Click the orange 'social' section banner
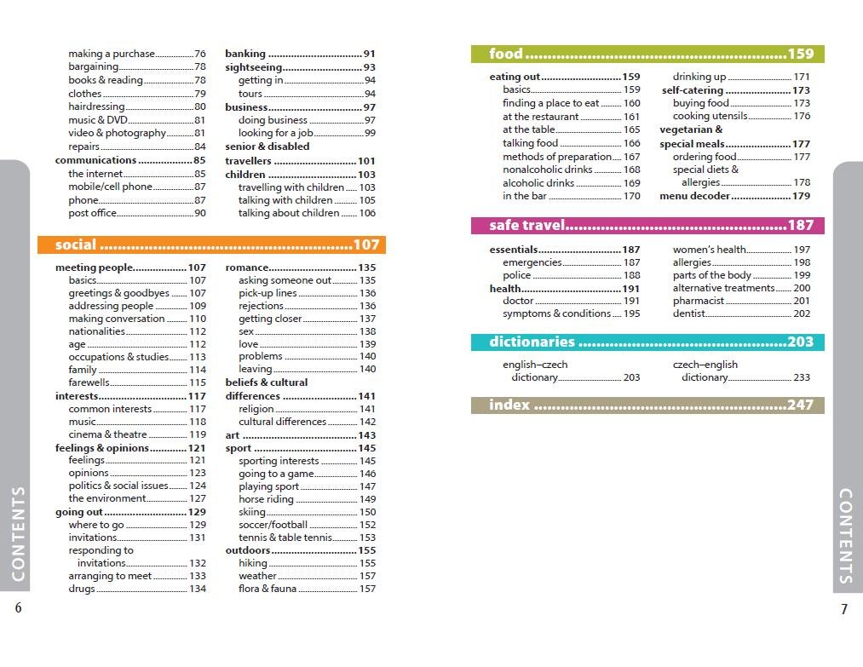click(211, 245)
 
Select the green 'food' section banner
click(647, 55)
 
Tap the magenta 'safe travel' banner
click(647, 226)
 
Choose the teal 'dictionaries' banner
click(647, 342)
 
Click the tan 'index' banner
click(647, 405)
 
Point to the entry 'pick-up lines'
click(268, 293)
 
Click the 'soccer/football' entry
click(273, 525)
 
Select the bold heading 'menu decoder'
click(694, 196)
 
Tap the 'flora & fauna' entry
click(268, 589)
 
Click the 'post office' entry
click(93, 213)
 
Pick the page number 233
click(801, 377)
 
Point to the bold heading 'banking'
click(245, 54)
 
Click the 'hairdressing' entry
click(96, 106)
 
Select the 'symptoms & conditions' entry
click(556, 313)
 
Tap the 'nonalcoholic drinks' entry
click(547, 170)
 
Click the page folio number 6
click(18, 608)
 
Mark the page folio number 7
click(844, 609)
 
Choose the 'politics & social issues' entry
click(118, 486)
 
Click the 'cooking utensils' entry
click(710, 116)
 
